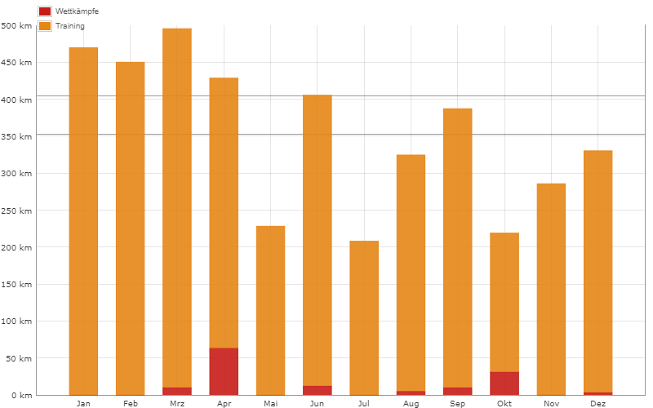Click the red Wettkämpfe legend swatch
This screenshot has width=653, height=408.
point(45,11)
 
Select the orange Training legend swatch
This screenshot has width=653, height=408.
point(45,26)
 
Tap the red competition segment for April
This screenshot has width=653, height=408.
point(224,371)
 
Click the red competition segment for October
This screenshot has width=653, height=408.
point(504,384)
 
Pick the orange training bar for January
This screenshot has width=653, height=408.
point(83,220)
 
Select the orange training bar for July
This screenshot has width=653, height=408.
point(364,318)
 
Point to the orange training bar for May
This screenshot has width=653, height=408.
point(270,310)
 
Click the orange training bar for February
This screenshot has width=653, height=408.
point(130,228)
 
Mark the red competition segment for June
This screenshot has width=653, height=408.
point(318,390)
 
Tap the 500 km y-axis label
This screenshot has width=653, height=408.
point(16,26)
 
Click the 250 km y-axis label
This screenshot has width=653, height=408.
point(16,211)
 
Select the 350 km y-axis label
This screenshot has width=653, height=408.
point(16,137)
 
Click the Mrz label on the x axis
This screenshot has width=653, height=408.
point(177,404)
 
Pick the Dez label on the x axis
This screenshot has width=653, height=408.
point(598,404)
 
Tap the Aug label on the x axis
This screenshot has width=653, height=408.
point(411,404)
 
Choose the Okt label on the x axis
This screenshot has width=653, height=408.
point(504,404)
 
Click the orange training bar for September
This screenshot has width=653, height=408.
point(458,245)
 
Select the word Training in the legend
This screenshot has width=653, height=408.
point(69,26)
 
